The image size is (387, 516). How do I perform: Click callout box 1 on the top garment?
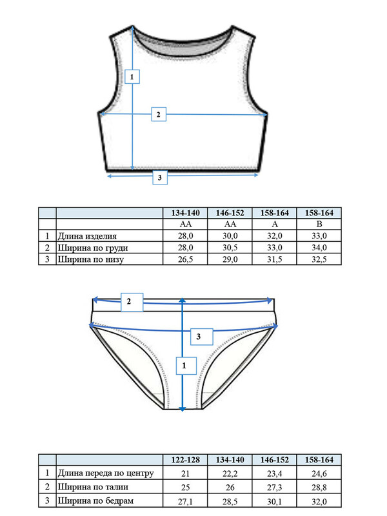pos(132,76)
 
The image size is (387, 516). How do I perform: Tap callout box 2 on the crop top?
pos(159,114)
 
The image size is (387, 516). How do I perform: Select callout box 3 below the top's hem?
pos(160,177)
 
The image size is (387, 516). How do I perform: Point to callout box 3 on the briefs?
pos(202,336)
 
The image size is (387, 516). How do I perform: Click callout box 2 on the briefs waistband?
pos(132,302)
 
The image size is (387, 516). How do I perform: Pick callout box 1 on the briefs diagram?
pos(186,366)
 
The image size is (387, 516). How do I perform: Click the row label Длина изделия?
pos(87,236)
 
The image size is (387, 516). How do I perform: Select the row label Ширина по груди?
pos(93,248)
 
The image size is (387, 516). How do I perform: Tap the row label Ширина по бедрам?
pos(95,501)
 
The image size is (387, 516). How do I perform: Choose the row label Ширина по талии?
pos(93,487)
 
